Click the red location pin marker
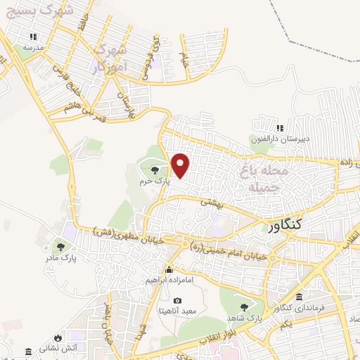(x=181, y=165)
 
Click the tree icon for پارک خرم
(x=155, y=169)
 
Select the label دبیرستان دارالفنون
(x=281, y=139)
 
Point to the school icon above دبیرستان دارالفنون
(x=280, y=128)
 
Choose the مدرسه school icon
(x=32, y=37)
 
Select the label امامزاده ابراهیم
(x=169, y=279)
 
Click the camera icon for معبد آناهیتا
(x=177, y=300)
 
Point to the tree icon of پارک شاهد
(x=244, y=307)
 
